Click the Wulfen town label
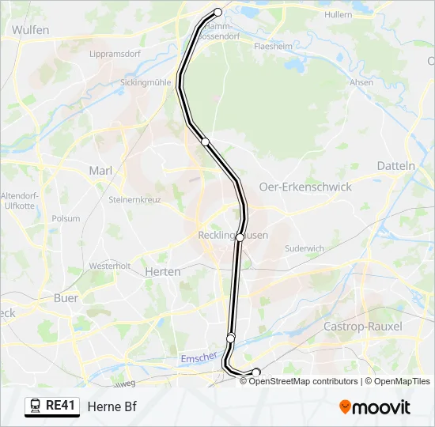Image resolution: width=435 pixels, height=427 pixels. (31, 30)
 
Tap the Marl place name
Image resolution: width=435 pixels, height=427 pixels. (100, 171)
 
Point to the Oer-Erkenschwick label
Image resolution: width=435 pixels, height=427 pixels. (304, 187)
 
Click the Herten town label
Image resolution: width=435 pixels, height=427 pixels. (163, 271)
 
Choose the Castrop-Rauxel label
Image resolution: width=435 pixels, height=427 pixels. (363, 327)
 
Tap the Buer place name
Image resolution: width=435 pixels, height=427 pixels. (66, 298)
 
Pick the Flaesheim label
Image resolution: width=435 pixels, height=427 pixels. (273, 47)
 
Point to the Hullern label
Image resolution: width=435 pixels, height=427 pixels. (338, 14)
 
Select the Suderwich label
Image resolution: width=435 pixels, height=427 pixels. (304, 248)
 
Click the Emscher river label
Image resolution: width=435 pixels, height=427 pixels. (199, 358)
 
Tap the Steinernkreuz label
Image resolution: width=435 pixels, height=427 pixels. (134, 200)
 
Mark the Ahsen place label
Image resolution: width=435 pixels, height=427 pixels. (361, 82)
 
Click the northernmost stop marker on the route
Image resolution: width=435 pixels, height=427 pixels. (218, 12)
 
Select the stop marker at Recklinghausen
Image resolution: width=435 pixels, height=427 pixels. (240, 236)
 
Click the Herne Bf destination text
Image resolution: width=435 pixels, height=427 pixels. (112, 406)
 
